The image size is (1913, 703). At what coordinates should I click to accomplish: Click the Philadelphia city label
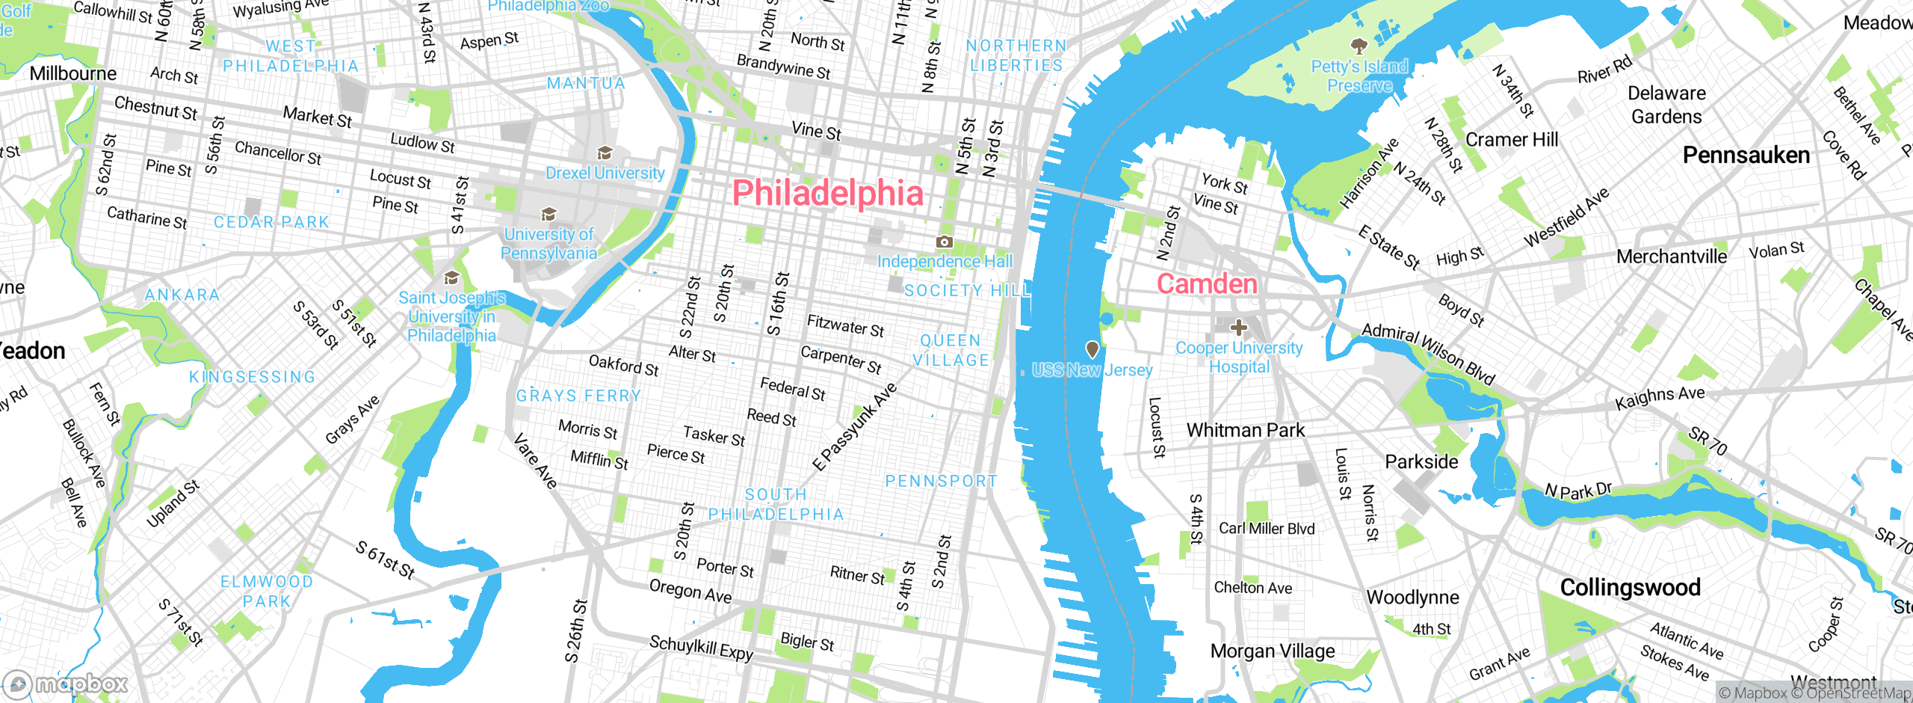(x=828, y=193)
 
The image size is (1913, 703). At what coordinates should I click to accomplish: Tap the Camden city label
(x=1207, y=284)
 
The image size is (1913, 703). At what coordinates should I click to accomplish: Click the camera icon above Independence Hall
(x=945, y=242)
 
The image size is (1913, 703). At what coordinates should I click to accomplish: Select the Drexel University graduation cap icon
(x=605, y=153)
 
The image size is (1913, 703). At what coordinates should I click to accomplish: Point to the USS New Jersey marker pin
(x=1092, y=349)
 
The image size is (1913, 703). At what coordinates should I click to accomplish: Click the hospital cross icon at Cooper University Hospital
(x=1238, y=328)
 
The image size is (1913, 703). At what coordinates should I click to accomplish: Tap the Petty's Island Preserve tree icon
(x=1359, y=46)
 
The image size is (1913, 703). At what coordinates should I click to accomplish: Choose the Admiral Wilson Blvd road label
(x=1428, y=354)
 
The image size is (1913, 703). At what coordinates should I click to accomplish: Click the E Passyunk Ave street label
(x=854, y=427)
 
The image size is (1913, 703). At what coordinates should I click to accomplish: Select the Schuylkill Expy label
(x=701, y=648)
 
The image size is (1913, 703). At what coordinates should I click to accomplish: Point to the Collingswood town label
(x=1630, y=587)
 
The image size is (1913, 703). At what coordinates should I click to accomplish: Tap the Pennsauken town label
(x=1746, y=156)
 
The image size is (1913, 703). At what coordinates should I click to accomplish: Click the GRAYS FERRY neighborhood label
(x=578, y=396)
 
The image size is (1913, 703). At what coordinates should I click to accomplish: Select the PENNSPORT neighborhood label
(x=941, y=481)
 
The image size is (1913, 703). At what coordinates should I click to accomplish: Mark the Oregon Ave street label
(x=690, y=591)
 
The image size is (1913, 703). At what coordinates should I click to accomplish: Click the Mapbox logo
(x=66, y=684)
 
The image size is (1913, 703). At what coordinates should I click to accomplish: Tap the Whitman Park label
(x=1245, y=430)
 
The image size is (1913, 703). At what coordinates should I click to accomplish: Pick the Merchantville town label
(x=1671, y=257)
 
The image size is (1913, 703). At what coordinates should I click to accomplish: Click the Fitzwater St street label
(x=845, y=326)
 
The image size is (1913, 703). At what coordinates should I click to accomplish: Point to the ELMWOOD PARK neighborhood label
(x=266, y=592)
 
